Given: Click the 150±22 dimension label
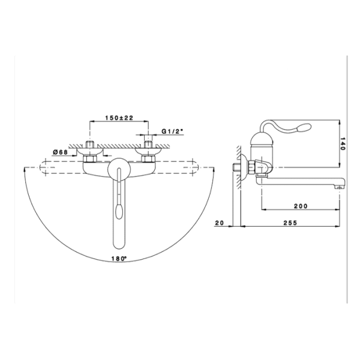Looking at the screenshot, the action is (119, 118).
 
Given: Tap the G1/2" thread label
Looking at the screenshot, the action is (172, 131).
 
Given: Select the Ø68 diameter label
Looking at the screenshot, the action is (60, 152).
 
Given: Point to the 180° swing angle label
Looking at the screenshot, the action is (119, 259).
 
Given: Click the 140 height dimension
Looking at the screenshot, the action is (343, 144).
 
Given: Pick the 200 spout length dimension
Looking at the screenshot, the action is (301, 206).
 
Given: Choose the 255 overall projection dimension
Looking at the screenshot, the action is (290, 223).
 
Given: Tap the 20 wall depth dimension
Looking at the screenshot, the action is (220, 223).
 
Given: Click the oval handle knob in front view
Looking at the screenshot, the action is (119, 211).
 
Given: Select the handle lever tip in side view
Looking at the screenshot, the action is (304, 127).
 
